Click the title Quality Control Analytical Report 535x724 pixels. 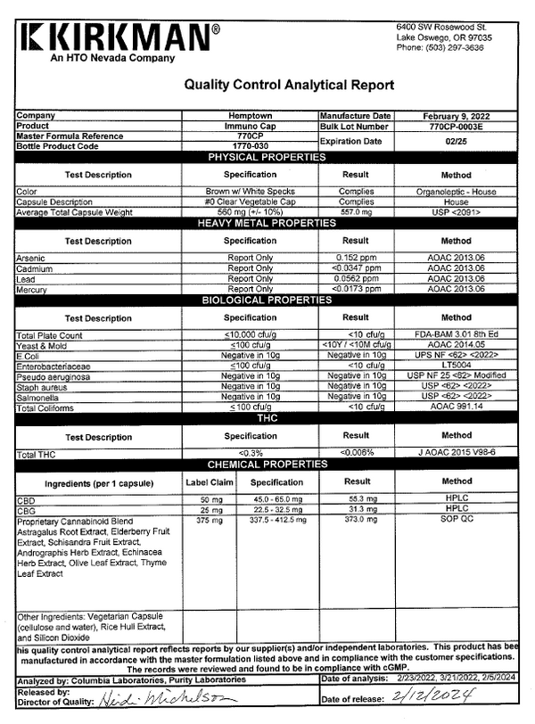[x=288, y=86]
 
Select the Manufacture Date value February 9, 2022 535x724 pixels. [x=456, y=117]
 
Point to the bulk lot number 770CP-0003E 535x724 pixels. [x=456, y=127]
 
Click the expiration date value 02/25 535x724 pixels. [x=456, y=141]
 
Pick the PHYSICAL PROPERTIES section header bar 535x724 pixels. [x=267, y=157]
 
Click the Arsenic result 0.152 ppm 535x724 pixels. [x=355, y=257]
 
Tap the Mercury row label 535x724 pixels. [x=31, y=289]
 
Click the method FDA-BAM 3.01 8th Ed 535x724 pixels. [x=456, y=334]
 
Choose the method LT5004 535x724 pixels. [x=456, y=366]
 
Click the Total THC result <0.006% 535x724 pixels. [x=355, y=454]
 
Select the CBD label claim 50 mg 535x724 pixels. [x=210, y=500]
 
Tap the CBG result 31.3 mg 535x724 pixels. [x=355, y=510]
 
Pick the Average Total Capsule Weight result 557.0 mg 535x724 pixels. [x=355, y=212]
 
